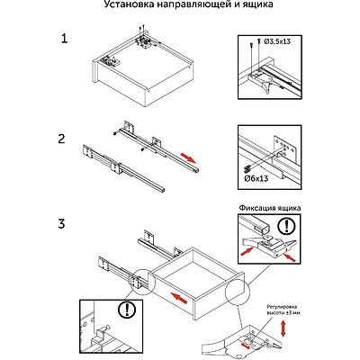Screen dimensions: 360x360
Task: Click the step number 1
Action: click(64, 39)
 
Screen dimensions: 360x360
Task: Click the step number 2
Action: click(61, 139)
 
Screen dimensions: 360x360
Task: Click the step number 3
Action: click(61, 223)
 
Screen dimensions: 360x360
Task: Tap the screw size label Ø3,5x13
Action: click(277, 41)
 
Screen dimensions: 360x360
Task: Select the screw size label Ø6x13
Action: click(256, 179)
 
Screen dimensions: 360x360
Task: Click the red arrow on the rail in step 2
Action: click(188, 158)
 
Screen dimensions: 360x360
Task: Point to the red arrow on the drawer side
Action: click(179, 298)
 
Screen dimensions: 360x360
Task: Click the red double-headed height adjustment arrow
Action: click(283, 328)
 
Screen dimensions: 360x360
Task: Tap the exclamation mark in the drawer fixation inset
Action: click(285, 226)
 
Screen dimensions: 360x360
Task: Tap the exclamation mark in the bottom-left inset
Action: click(127, 310)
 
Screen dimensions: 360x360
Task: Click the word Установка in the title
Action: click(122, 4)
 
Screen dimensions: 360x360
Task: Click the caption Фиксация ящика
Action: click(270, 208)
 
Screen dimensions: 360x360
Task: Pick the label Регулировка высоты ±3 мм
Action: click(283, 310)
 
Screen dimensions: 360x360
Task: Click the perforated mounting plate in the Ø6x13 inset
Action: click(285, 148)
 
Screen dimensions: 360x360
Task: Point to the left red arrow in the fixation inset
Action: click(248, 251)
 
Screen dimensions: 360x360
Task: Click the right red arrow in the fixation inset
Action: click(289, 256)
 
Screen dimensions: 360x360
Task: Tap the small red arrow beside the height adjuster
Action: click(246, 346)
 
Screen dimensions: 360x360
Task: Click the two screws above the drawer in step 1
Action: click(142, 28)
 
